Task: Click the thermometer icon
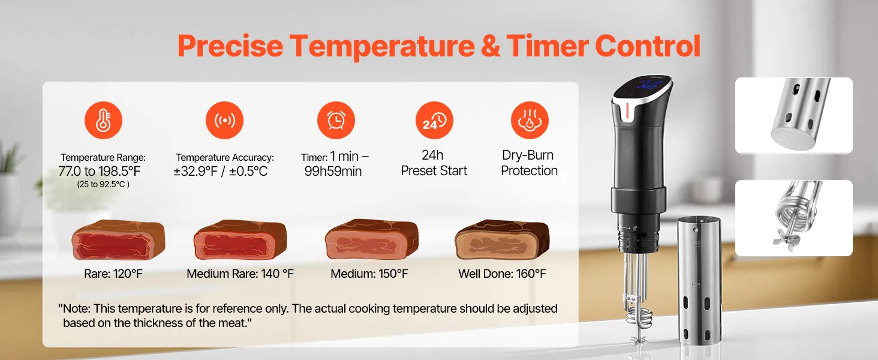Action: pos(104,120)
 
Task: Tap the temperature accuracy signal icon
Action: pos(224,120)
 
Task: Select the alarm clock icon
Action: pos(336,120)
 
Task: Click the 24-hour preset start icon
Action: pos(434,120)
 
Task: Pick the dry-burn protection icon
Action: pos(530,120)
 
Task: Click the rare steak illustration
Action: pos(118,239)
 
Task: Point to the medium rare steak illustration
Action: pos(240,239)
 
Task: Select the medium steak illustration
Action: pos(372,239)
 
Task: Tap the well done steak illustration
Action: pos(502,239)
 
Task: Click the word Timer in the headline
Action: pos(548,46)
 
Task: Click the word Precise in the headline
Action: pos(230,46)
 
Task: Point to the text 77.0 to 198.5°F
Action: pos(99,172)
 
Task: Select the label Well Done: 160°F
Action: pos(502,274)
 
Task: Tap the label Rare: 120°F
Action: pos(113,274)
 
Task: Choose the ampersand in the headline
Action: pos(490,46)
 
